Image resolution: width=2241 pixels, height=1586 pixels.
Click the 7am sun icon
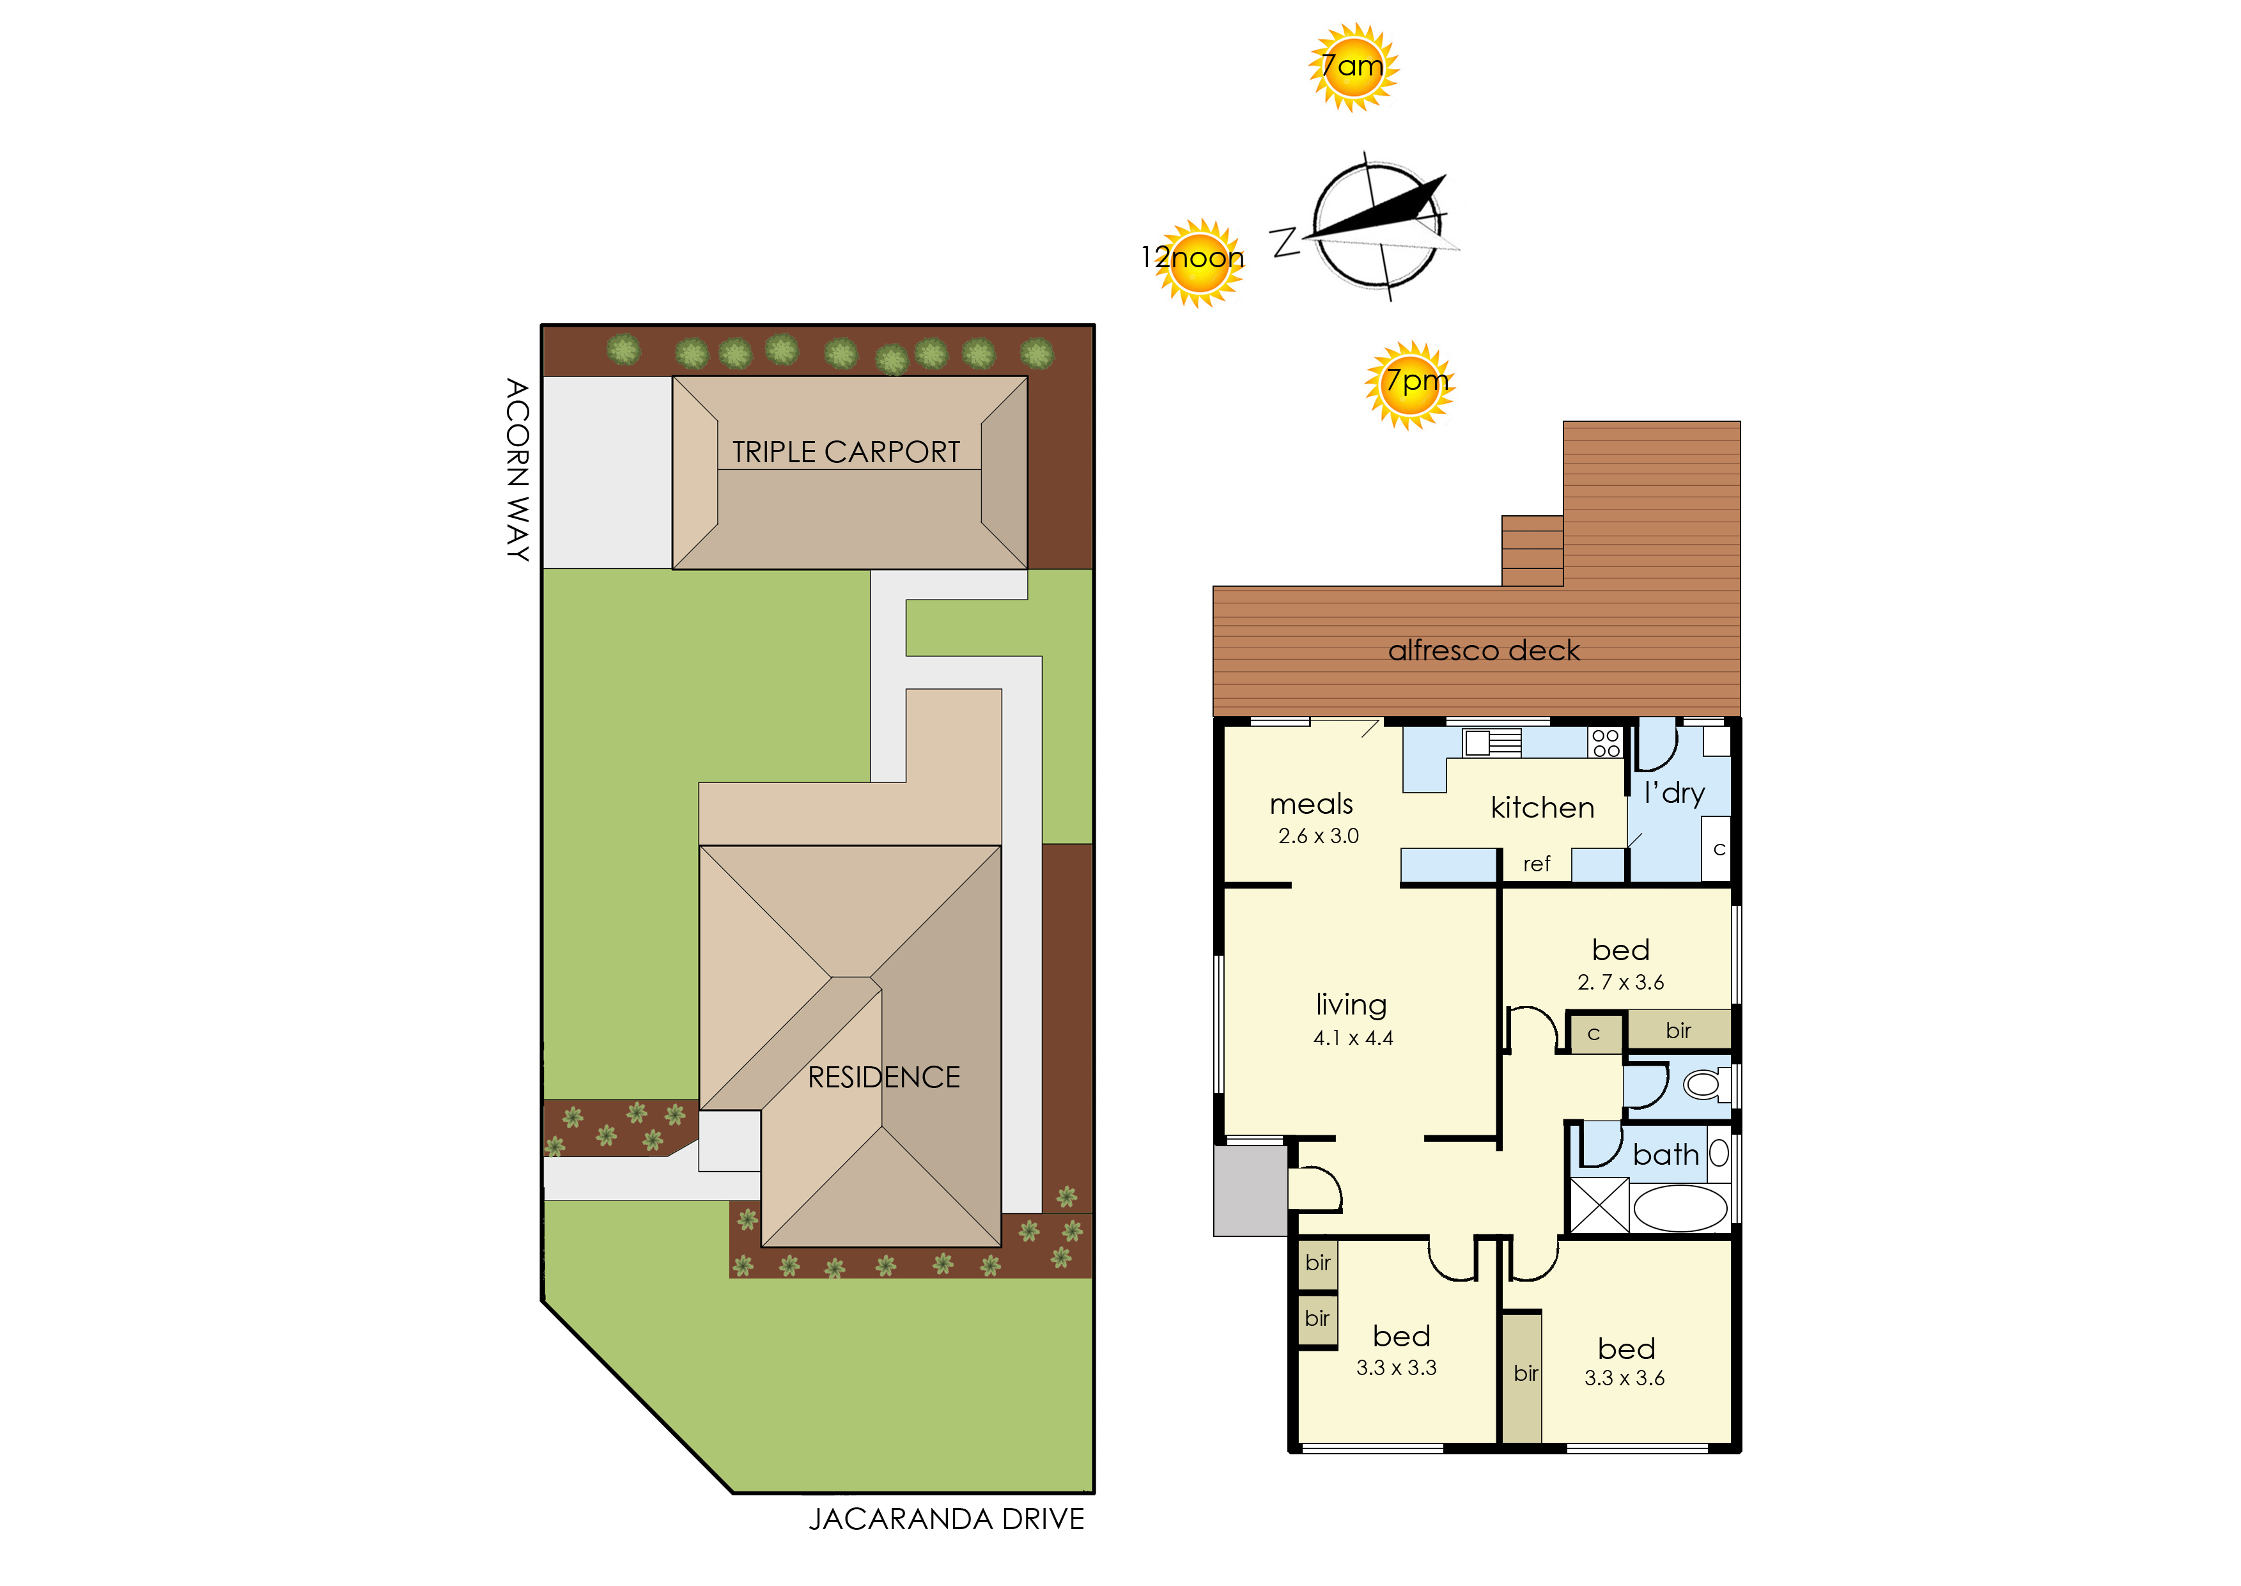click(1353, 67)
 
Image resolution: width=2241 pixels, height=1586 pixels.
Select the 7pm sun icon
click(1410, 385)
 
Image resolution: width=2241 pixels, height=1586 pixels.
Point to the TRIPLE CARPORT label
click(846, 452)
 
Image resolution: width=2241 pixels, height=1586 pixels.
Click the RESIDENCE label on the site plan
click(884, 1077)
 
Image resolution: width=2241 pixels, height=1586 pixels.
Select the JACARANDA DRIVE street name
click(946, 1520)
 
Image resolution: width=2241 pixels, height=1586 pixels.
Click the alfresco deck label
click(1484, 650)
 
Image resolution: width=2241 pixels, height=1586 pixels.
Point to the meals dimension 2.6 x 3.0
click(1318, 836)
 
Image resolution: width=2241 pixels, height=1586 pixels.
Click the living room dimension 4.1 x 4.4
click(1353, 1038)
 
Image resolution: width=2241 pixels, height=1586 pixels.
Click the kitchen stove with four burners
click(1605, 742)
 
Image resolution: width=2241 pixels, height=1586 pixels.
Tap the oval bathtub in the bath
click(1680, 1209)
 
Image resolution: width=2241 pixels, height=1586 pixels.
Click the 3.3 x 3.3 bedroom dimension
click(1397, 1368)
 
